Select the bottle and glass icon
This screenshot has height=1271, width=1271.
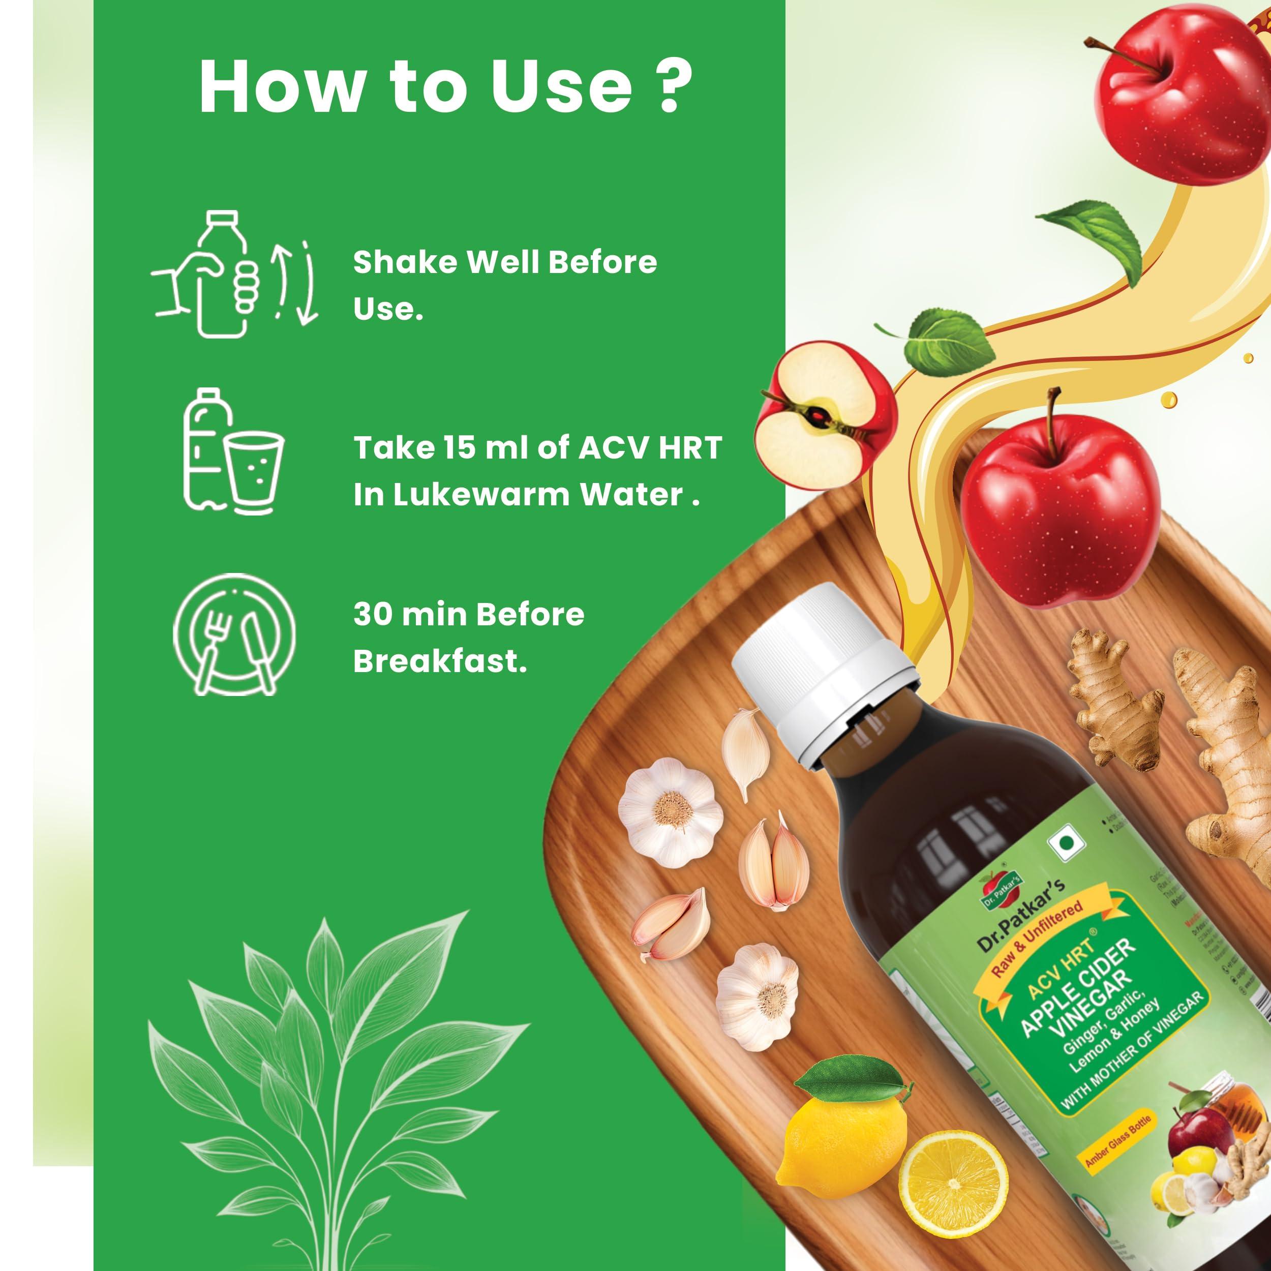pyautogui.click(x=231, y=454)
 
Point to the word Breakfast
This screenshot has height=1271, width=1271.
pyautogui.click(x=439, y=662)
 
